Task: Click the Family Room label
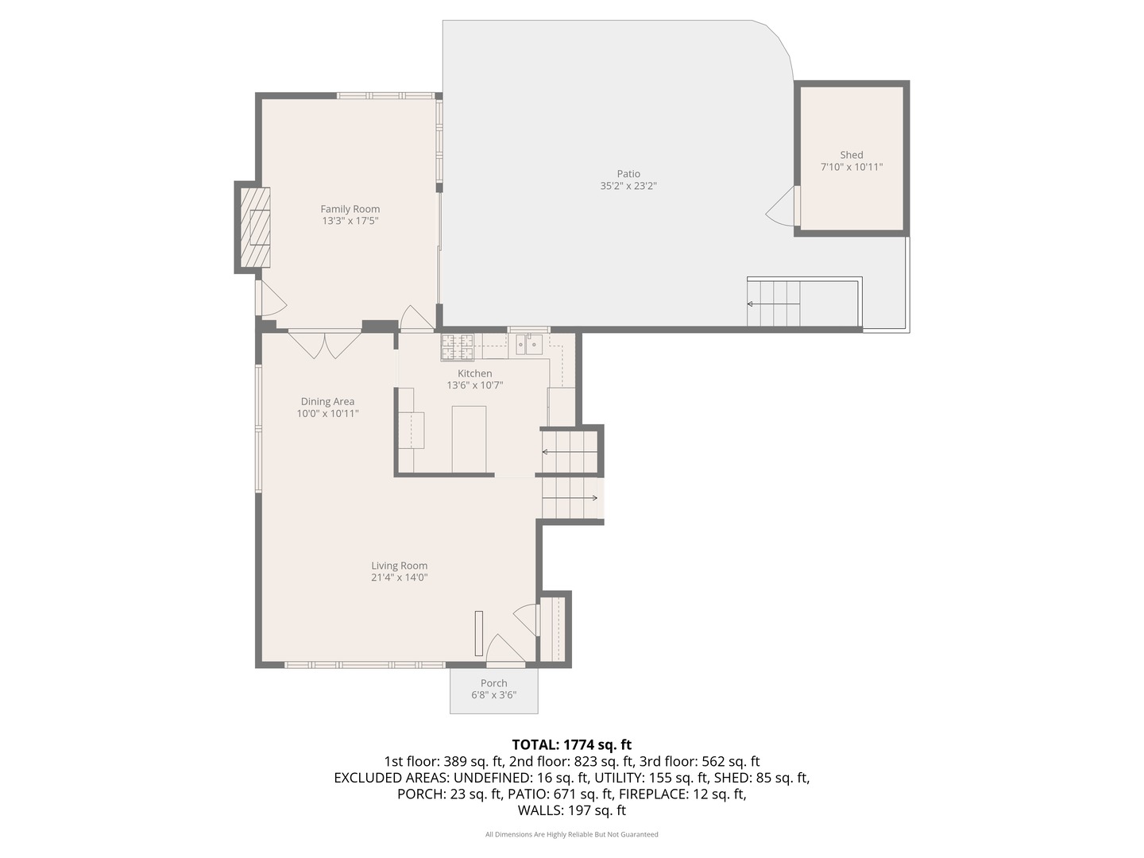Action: pos(350,209)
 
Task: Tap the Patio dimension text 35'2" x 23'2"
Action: pos(628,186)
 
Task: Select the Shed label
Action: pos(851,155)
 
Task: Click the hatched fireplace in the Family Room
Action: pos(255,227)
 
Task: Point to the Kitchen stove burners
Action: pos(458,347)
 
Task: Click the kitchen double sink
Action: pos(529,344)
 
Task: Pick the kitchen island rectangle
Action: pos(469,439)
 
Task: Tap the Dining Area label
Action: pos(327,402)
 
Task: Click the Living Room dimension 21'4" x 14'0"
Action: pos(400,578)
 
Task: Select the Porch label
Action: pos(493,683)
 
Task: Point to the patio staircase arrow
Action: pos(774,303)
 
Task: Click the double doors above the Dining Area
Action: pos(325,344)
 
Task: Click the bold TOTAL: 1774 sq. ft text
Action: pos(572,744)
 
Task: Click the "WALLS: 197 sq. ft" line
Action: pos(572,810)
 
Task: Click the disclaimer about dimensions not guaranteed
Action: pos(572,834)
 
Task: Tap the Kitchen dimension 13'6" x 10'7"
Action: pos(474,385)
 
